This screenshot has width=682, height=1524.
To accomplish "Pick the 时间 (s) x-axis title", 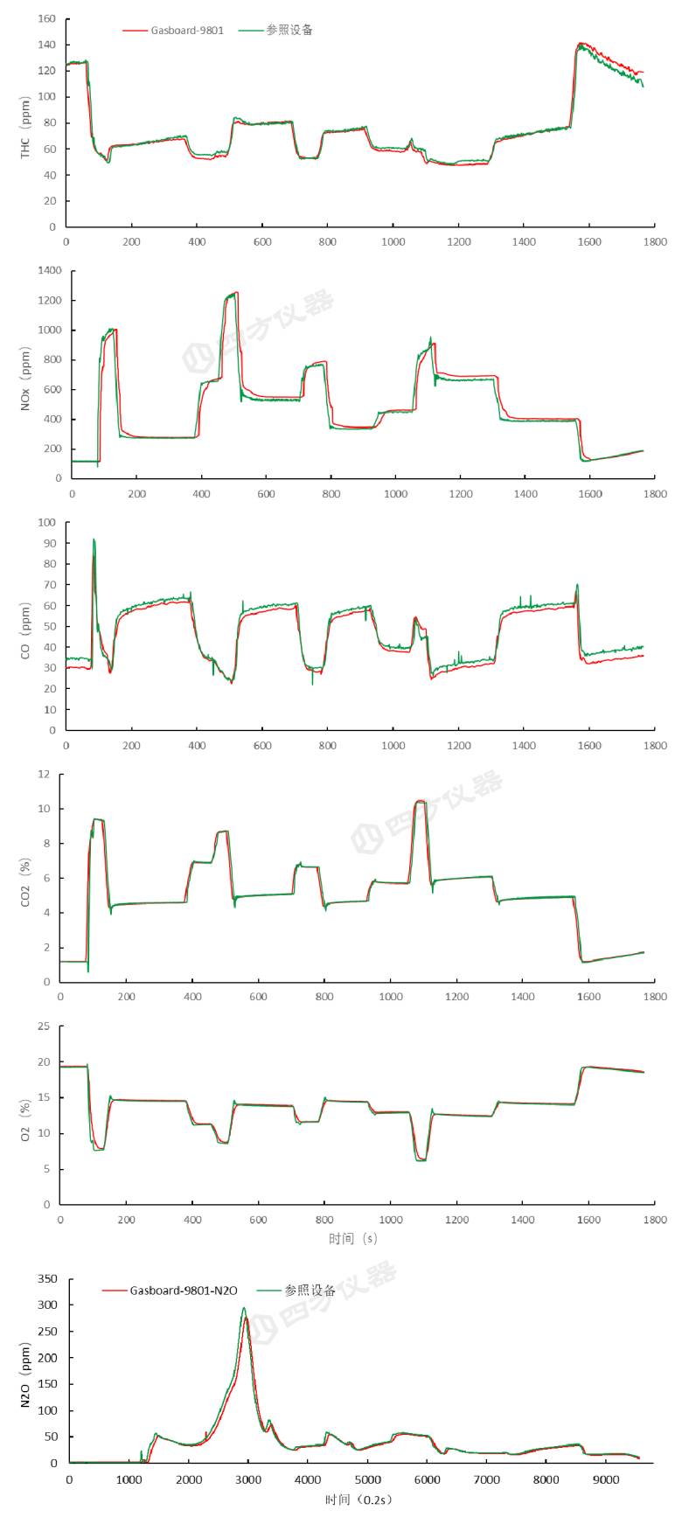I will [353, 1238].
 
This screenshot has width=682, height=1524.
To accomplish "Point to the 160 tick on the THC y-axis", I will [47, 18].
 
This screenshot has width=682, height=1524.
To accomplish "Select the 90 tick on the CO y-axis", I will [48, 543].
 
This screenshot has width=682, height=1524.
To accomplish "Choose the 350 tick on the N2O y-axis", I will [46, 1279].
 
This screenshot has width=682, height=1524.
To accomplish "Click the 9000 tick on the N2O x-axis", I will [605, 1480].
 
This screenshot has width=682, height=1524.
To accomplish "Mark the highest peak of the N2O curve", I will [244, 1309].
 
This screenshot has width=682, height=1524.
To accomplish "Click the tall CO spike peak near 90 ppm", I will [94, 539].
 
